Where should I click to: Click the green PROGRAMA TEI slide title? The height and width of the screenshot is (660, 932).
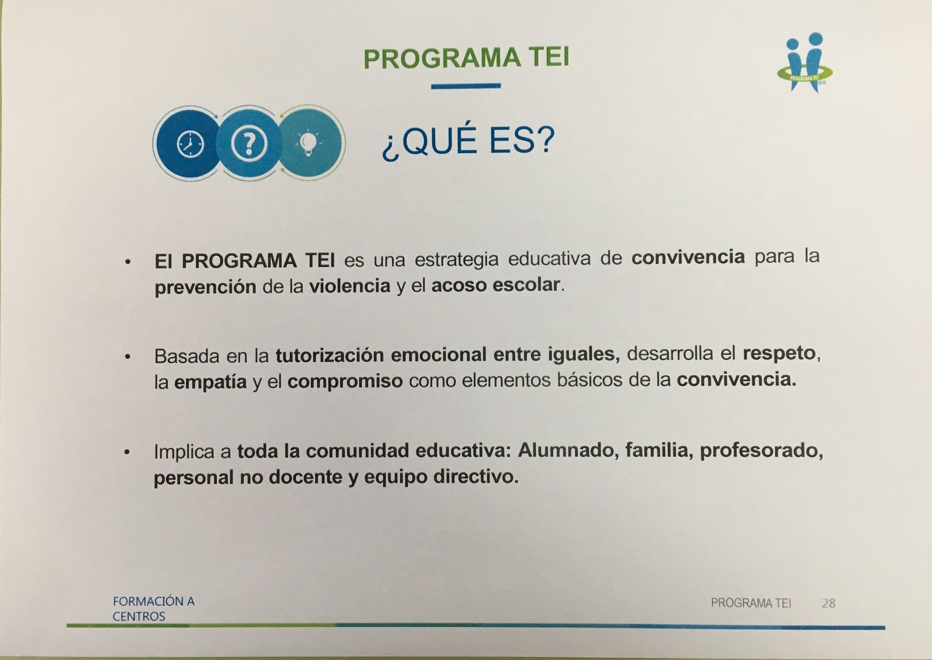(x=466, y=58)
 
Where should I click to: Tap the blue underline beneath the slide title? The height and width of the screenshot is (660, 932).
(x=466, y=86)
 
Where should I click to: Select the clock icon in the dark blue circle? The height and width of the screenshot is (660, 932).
(x=190, y=143)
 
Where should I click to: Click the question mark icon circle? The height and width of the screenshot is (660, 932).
(x=249, y=143)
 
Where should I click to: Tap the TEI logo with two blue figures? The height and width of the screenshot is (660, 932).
(x=806, y=62)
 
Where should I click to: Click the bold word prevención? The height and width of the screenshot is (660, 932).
(x=205, y=287)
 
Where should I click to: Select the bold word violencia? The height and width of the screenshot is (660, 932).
(x=349, y=286)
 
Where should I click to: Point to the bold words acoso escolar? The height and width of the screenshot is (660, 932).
(x=496, y=285)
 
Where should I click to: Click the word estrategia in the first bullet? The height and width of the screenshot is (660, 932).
(x=457, y=259)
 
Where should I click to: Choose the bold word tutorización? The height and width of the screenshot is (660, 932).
(x=330, y=355)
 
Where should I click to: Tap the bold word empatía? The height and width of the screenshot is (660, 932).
(x=210, y=382)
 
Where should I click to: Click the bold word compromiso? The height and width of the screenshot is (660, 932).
(x=345, y=381)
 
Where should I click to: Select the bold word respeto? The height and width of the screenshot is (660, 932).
(x=779, y=353)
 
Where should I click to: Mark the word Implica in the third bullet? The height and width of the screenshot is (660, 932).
(x=184, y=451)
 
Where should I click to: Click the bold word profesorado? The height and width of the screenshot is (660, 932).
(x=761, y=450)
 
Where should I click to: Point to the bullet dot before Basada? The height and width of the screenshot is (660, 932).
(x=128, y=356)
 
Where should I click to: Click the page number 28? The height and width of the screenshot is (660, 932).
(x=828, y=603)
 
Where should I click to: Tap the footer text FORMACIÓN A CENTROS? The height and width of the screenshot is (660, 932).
(x=153, y=609)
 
